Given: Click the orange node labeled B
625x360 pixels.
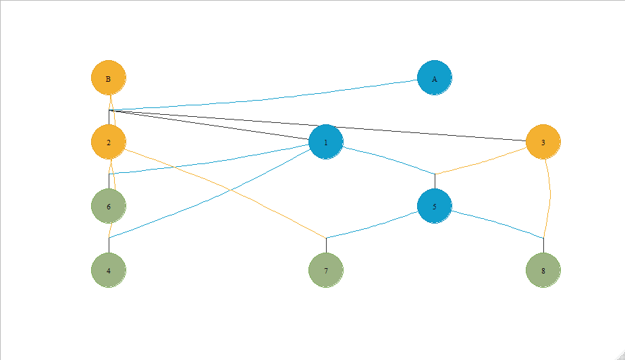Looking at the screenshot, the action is click(x=108, y=78).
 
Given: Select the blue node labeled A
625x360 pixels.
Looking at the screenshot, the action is click(x=434, y=78).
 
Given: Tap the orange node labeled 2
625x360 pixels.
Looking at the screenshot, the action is click(x=108, y=142).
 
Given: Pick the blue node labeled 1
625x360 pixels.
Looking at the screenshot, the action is click(x=325, y=142).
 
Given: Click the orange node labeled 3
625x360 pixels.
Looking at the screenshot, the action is click(x=543, y=142).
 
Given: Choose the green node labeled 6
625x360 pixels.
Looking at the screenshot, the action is click(x=108, y=206).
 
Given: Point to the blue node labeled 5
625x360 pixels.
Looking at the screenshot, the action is click(x=434, y=206).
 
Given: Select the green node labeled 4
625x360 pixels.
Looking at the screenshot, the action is click(x=108, y=269).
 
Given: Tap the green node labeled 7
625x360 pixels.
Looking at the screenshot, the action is click(x=325, y=269).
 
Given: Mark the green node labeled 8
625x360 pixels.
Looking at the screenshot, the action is click(x=543, y=269).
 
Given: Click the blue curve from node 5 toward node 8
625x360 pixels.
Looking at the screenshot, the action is click(x=499, y=224).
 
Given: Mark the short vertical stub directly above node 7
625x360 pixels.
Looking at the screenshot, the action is click(x=326, y=245).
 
